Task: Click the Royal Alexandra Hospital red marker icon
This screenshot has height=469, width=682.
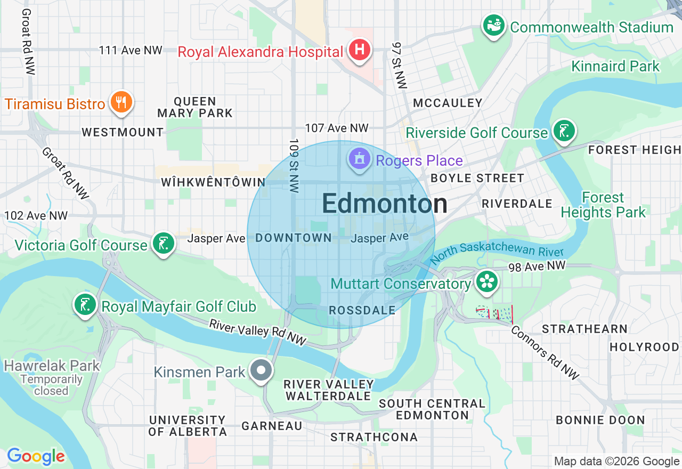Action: click(x=360, y=51)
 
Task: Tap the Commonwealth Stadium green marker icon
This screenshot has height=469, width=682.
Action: click(x=494, y=26)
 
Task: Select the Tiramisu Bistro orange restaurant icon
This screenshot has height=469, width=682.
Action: click(x=121, y=102)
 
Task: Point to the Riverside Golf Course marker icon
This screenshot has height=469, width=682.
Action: click(x=564, y=131)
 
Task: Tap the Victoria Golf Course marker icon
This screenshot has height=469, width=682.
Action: click(x=163, y=244)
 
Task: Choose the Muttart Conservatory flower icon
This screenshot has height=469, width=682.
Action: click(x=486, y=282)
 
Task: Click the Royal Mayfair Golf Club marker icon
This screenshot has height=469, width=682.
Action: click(x=85, y=305)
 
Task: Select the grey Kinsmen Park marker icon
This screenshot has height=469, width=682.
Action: click(x=261, y=370)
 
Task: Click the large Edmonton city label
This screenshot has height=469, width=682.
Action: click(x=384, y=204)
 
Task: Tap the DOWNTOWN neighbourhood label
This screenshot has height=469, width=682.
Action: click(x=294, y=238)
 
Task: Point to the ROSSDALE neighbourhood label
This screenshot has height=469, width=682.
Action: click(x=362, y=310)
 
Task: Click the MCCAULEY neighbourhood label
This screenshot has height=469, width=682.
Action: click(x=448, y=103)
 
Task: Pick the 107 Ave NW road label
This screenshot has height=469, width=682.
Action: click(x=336, y=128)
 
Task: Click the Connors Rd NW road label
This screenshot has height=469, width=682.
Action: click(x=545, y=353)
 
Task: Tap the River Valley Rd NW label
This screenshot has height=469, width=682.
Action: click(x=257, y=332)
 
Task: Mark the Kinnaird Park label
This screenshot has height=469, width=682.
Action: click(x=615, y=67)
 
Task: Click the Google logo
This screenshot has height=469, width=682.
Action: click(x=36, y=456)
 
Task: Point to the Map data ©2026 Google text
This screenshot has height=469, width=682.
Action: click(x=616, y=462)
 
